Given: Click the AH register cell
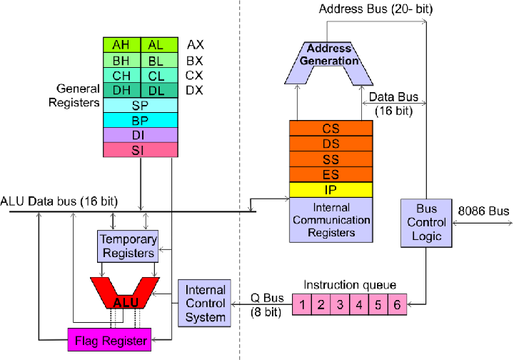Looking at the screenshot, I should tap(122, 44).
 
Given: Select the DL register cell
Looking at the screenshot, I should tap(156, 90).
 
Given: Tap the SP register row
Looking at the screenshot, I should tap(140, 105).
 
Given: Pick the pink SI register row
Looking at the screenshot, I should tap(140, 150).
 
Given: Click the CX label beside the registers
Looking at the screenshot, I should tap(195, 75).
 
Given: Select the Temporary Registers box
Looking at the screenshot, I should tap(127, 246).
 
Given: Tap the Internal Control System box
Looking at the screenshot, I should tap(206, 303).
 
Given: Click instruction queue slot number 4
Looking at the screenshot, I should tap(358, 306).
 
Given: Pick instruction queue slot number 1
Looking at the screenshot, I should tap(303, 306).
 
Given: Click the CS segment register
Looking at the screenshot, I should tap(331, 129).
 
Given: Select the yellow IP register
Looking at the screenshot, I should tap(331, 190).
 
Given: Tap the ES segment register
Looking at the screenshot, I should tap(331, 174).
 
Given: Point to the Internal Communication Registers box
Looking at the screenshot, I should tap(331, 220).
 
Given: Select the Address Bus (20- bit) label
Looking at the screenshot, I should tap(374, 9).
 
